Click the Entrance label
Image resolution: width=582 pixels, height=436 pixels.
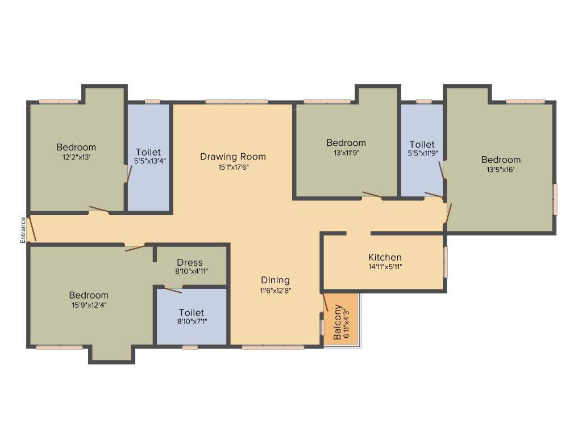[x=23, y=230]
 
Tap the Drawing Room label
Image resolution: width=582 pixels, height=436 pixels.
[x=232, y=157]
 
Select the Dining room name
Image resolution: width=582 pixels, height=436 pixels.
[x=275, y=280]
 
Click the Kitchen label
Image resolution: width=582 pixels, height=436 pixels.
[x=385, y=257]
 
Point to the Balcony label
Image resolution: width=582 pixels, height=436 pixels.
[x=338, y=322]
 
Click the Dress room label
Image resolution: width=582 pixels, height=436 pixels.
[x=190, y=262]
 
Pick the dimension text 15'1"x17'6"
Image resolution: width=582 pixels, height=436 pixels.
[x=234, y=167]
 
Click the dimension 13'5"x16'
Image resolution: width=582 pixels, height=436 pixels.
[x=501, y=170]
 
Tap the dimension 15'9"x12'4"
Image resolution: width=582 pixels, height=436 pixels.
[x=88, y=305]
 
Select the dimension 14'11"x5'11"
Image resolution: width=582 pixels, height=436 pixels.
[x=385, y=267]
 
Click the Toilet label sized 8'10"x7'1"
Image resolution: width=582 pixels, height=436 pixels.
[x=192, y=313]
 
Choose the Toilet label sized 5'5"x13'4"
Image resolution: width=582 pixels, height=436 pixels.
[x=148, y=152]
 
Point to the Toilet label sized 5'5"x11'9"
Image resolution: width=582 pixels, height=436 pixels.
[x=422, y=144]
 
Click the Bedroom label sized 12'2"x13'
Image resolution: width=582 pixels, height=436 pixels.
[x=76, y=147]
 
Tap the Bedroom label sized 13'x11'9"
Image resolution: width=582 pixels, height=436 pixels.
[x=346, y=142]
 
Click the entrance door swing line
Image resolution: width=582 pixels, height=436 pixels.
[x=32, y=228]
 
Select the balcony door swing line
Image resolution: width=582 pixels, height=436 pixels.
[x=325, y=302]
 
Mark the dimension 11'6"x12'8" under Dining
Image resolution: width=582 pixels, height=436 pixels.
[x=276, y=291]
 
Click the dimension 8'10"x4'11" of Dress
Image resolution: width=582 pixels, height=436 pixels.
[x=191, y=271]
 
